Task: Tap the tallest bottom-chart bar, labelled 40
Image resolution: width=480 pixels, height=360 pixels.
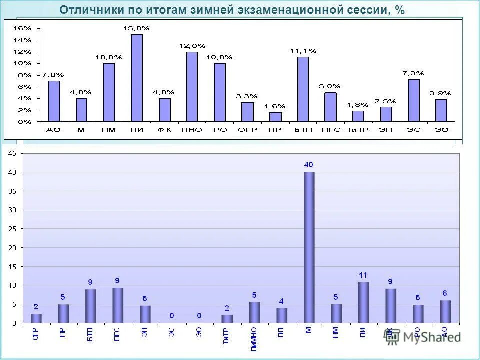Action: [x=309, y=247]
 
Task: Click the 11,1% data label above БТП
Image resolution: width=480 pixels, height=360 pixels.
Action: [x=303, y=51]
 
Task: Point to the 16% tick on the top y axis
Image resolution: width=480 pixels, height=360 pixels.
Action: [x=25, y=28]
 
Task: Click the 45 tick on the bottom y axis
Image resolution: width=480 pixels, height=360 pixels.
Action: [x=12, y=153]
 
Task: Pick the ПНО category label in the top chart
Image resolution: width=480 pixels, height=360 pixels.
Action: [x=192, y=129]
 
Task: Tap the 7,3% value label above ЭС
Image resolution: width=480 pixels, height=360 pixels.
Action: [x=413, y=73]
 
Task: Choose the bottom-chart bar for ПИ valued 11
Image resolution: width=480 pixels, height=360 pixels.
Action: [x=363, y=302]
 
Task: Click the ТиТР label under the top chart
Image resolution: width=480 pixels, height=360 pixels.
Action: [x=358, y=129]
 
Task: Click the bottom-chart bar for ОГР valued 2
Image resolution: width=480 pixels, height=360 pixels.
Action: [x=36, y=318]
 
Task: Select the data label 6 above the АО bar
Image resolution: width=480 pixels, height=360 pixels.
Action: [x=445, y=293]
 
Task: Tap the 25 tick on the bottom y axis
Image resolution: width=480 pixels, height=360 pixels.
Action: [x=12, y=229]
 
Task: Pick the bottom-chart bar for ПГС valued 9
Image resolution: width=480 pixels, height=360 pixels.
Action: [x=118, y=305]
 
